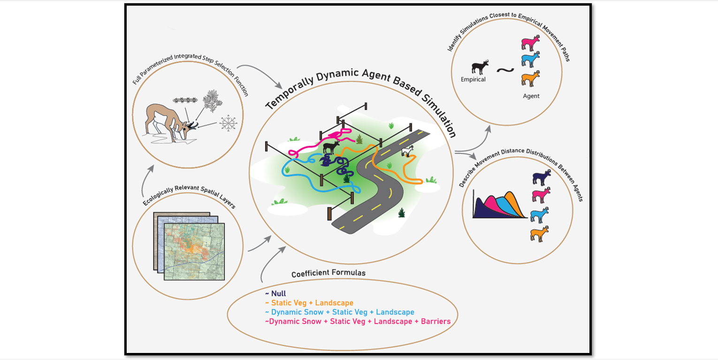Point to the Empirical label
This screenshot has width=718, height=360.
(473, 79)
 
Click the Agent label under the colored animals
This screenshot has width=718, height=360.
(531, 96)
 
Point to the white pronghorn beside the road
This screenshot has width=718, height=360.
(408, 151)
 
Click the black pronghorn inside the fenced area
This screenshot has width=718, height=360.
(331, 147)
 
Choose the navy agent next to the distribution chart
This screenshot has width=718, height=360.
(541, 178)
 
